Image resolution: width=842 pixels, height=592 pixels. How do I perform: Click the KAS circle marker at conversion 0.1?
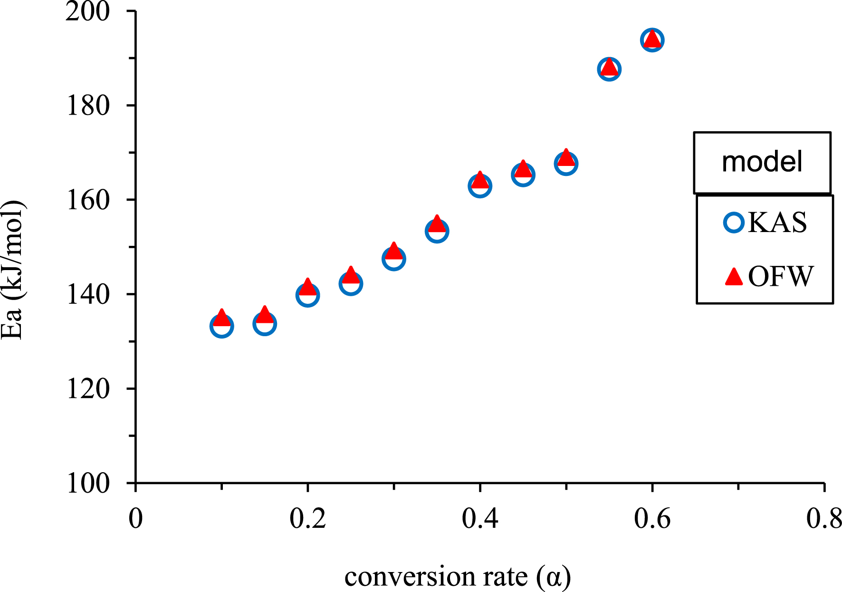(222, 327)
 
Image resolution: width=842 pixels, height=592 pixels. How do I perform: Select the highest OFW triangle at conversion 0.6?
(652, 39)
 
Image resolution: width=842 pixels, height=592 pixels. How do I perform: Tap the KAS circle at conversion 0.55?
(609, 70)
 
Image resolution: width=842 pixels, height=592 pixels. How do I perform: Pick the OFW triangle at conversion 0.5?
(566, 157)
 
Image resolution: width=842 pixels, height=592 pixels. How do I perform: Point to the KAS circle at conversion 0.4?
(480, 186)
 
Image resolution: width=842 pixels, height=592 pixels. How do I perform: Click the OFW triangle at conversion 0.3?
(394, 251)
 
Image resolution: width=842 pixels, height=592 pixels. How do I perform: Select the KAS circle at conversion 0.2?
(307, 295)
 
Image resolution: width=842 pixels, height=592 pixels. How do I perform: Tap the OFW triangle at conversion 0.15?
(265, 315)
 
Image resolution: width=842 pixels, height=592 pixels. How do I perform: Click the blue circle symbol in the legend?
(734, 223)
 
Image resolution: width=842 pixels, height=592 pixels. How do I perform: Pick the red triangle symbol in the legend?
(734, 277)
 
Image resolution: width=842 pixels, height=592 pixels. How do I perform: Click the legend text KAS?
(777, 223)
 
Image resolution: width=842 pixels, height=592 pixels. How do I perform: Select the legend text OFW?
(780, 276)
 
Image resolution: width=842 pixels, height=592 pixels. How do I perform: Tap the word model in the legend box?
(762, 162)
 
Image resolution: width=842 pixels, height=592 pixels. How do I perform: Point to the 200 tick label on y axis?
(87, 11)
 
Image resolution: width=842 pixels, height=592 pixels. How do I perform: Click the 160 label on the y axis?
(87, 200)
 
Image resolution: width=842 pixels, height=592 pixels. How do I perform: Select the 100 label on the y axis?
(87, 484)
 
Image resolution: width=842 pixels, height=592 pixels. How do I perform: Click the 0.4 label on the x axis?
(480, 519)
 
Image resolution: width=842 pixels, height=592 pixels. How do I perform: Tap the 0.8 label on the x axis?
(823, 519)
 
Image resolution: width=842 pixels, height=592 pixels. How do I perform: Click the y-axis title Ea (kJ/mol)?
(12, 269)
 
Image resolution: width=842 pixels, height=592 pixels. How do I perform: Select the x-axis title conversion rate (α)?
(457, 577)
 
